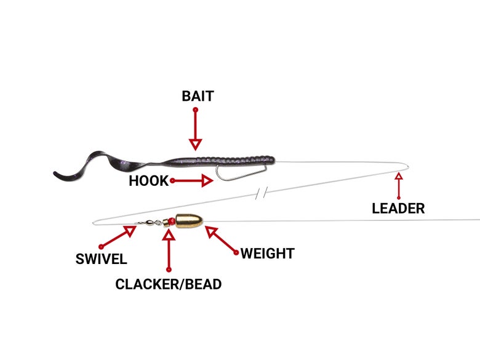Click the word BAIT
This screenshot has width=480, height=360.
pos(198,97)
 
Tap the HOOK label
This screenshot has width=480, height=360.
pos(148,182)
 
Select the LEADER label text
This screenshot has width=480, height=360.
pos(398,209)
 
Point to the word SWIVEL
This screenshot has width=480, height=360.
pos(101,259)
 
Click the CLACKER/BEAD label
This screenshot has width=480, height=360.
pos(169,284)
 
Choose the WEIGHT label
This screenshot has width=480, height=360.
pos(267,254)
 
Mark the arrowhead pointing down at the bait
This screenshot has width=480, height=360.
pos(195,145)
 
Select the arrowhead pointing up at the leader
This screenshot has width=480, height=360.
pos(399,177)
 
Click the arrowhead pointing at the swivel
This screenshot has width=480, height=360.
pos(130,231)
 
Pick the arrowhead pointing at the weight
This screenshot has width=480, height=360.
pos(211,232)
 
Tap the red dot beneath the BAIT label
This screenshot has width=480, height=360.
pos(195,110)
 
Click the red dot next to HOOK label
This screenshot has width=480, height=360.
pos(172,181)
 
